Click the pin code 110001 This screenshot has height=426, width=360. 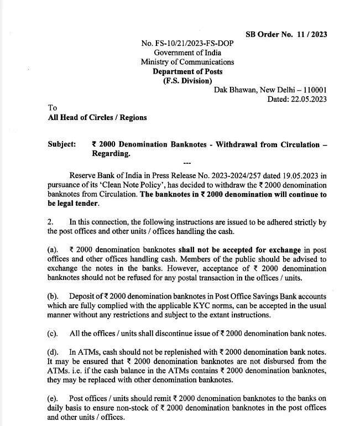pos(312,90)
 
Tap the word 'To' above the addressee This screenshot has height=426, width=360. pos(53,108)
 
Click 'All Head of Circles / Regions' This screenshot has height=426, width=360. pos(97,118)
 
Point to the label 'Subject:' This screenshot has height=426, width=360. pos(62,144)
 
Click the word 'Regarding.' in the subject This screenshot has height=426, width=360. pos(111,154)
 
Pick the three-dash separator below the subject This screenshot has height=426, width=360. pos(186,163)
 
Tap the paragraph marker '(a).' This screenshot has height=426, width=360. pos(54,250)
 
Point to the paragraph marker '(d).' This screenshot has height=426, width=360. pos(54,351)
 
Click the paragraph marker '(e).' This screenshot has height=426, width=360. pos(54,398)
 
